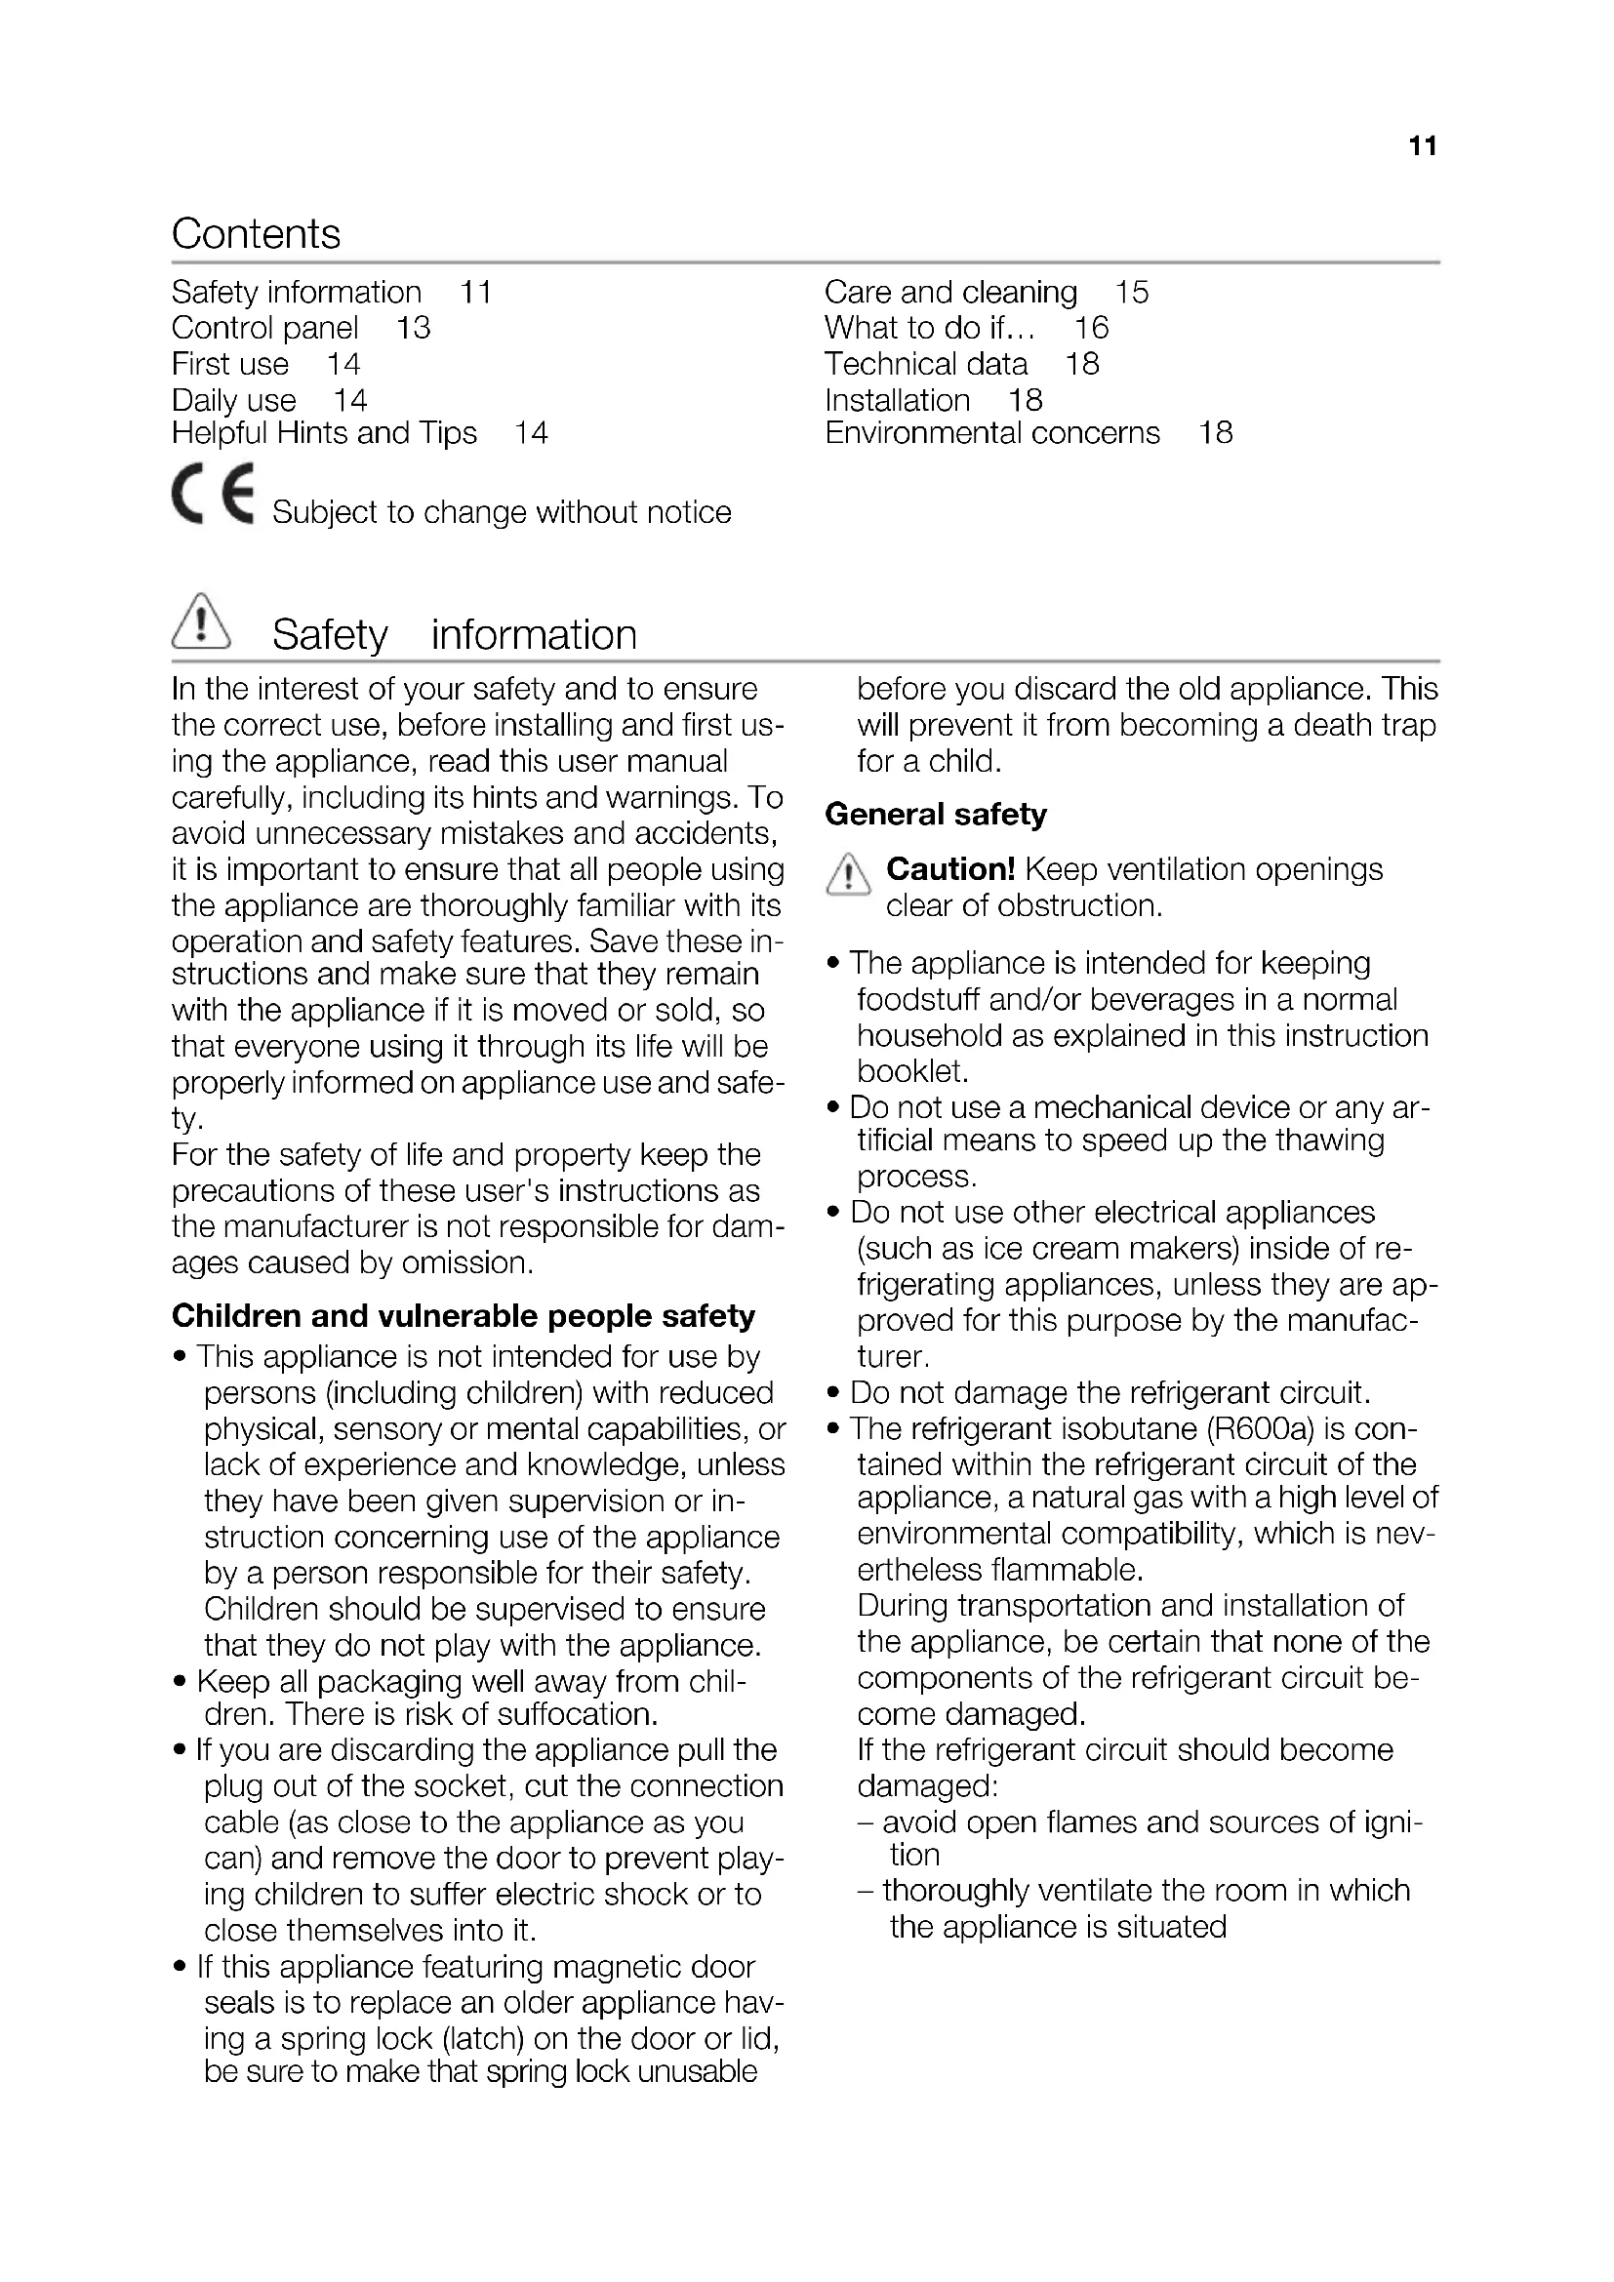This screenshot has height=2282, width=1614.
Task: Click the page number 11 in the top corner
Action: [x=1422, y=146]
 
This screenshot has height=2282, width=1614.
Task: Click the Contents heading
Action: [x=256, y=234]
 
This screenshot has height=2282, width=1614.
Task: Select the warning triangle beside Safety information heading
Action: [x=201, y=622]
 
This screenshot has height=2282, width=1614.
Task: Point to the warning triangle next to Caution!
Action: [x=847, y=874]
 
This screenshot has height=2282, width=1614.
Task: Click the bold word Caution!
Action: [x=950, y=869]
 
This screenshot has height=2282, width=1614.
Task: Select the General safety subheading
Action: [x=935, y=815]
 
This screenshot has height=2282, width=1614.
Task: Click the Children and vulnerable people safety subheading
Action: [x=464, y=1316]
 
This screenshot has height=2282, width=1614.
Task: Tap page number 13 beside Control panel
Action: [x=414, y=328]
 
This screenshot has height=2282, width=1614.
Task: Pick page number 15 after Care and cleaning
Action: [x=1131, y=293]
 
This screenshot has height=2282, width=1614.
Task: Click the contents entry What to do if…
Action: [x=929, y=328]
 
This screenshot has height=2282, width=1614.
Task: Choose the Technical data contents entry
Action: [x=925, y=364]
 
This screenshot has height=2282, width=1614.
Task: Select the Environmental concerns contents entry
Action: [x=991, y=433]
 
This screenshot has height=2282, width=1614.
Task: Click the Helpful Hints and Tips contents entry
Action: [x=324, y=433]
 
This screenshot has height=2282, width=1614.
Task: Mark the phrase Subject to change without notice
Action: [x=502, y=513]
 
